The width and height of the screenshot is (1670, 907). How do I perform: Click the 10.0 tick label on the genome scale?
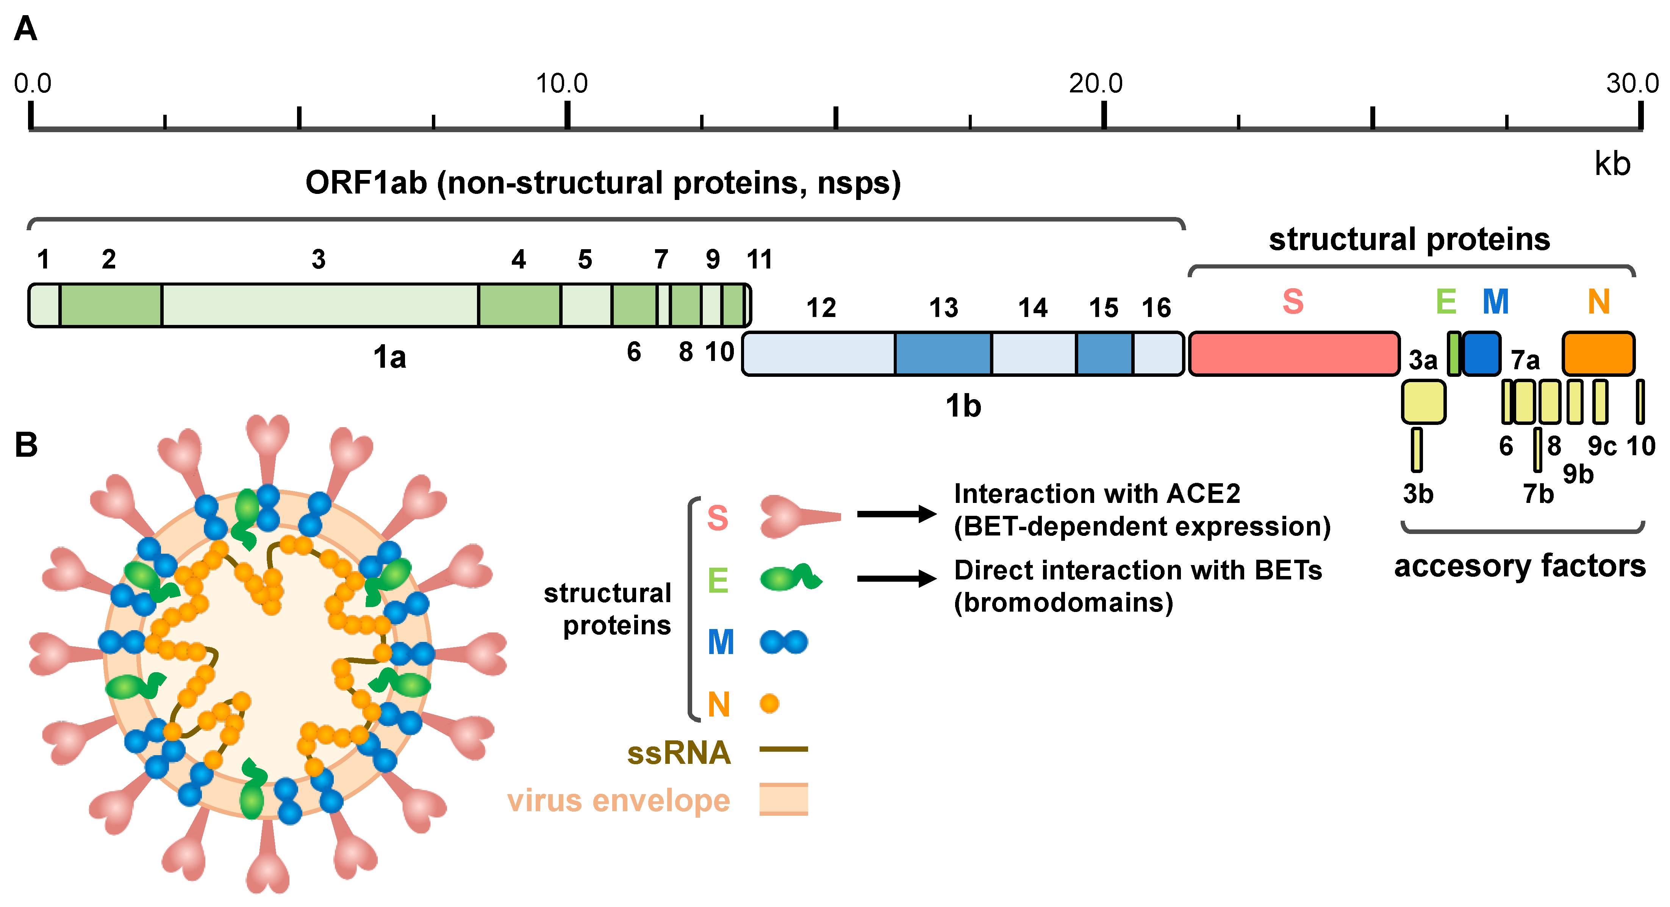pyautogui.click(x=561, y=84)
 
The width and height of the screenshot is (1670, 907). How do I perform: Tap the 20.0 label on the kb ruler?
pyautogui.click(x=1096, y=84)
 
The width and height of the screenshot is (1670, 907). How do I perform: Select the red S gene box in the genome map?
pyautogui.click(x=1293, y=354)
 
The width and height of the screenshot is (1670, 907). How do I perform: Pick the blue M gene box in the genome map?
pyautogui.click(x=1482, y=354)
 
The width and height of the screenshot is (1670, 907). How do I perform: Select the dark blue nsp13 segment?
pyautogui.click(x=943, y=354)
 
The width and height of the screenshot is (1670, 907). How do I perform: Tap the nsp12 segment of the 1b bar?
pyautogui.click(x=819, y=354)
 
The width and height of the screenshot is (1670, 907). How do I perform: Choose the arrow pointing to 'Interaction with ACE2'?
pyautogui.click(x=897, y=514)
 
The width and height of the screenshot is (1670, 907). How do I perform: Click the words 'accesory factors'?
pyautogui.click(x=1520, y=566)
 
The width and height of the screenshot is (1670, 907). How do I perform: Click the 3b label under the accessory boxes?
pyautogui.click(x=1418, y=494)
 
